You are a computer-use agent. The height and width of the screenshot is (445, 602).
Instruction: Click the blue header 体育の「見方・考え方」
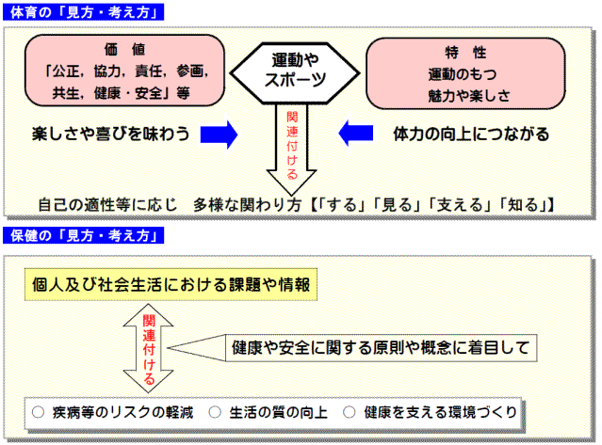83,12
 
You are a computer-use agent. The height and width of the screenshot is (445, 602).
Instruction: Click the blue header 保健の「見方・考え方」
83,235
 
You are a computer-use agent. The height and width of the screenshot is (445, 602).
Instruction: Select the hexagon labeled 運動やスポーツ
295,72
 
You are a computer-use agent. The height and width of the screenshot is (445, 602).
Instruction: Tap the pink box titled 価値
124,71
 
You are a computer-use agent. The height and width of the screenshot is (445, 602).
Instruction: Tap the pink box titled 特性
465,73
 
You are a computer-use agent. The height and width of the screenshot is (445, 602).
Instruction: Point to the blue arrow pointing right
219,135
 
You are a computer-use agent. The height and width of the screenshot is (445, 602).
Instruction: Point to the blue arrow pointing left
356,134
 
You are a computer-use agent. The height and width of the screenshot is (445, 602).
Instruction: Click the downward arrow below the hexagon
291,150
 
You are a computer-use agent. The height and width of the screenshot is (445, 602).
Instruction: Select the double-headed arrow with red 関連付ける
148,348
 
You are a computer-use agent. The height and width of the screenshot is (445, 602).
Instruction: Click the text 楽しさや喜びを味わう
111,134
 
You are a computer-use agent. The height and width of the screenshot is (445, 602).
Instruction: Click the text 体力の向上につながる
471,135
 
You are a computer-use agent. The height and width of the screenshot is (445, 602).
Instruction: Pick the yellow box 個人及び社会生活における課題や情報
171,284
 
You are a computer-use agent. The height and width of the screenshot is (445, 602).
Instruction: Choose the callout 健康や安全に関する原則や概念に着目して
352,348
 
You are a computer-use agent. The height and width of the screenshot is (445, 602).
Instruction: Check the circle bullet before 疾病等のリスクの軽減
38,412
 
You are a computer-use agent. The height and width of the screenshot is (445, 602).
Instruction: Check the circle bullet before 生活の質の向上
215,412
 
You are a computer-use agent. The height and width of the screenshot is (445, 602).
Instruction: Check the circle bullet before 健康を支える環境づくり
350,412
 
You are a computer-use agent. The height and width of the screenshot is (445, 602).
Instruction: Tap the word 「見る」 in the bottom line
397,205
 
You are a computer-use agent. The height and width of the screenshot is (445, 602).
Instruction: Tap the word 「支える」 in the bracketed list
460,205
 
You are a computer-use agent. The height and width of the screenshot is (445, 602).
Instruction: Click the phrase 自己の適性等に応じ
107,205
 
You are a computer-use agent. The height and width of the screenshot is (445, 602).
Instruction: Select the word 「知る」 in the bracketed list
523,205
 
